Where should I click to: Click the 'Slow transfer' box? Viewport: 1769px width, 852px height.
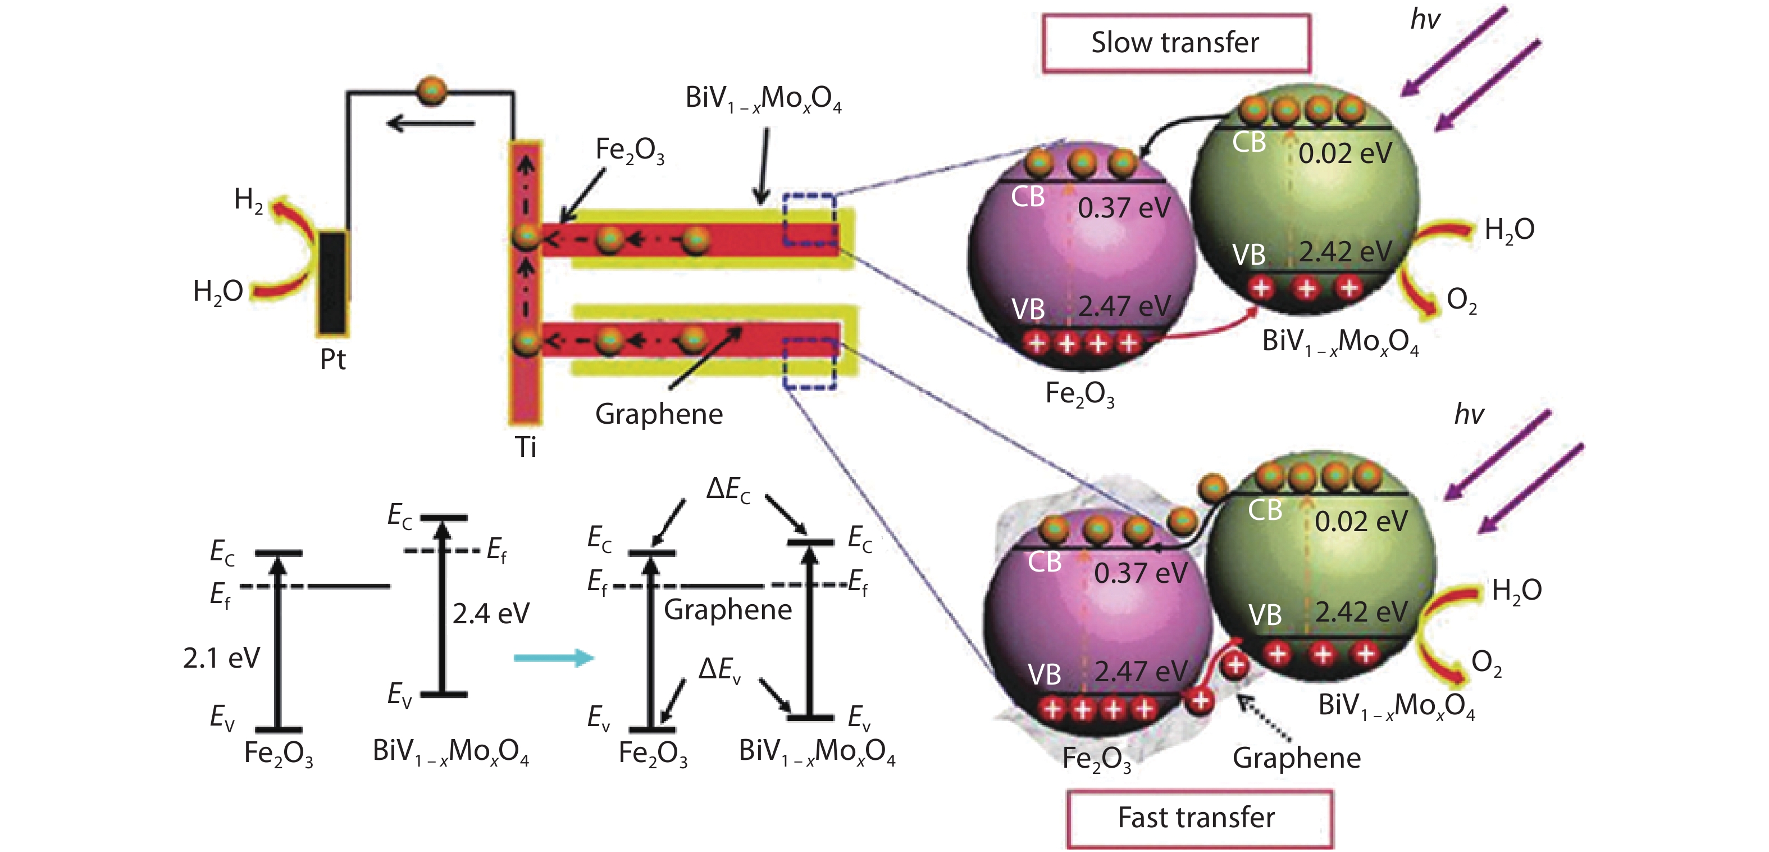coord(1175,43)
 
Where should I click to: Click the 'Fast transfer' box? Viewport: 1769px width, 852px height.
coord(1199,818)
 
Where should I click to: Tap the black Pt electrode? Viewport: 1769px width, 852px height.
coord(333,282)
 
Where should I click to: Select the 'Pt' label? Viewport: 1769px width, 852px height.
coord(333,359)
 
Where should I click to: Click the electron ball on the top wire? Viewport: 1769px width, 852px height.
coord(432,92)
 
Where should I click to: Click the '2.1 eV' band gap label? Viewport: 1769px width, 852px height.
coord(221,658)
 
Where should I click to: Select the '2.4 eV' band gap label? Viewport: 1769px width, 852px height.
coord(491,614)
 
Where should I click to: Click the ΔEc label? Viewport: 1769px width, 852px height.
coord(728,490)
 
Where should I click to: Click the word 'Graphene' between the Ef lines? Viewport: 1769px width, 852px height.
coord(727,609)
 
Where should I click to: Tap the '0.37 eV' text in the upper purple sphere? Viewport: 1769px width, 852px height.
coord(1124,208)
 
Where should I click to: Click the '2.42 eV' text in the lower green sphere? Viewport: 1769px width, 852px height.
coord(1361,612)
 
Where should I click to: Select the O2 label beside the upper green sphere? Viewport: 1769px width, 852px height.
coord(1461,300)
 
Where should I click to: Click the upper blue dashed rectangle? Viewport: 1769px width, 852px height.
coord(810,220)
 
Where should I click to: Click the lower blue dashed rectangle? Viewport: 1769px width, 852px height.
coord(810,364)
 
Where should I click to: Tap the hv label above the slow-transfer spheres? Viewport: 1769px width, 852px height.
coord(1425,19)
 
